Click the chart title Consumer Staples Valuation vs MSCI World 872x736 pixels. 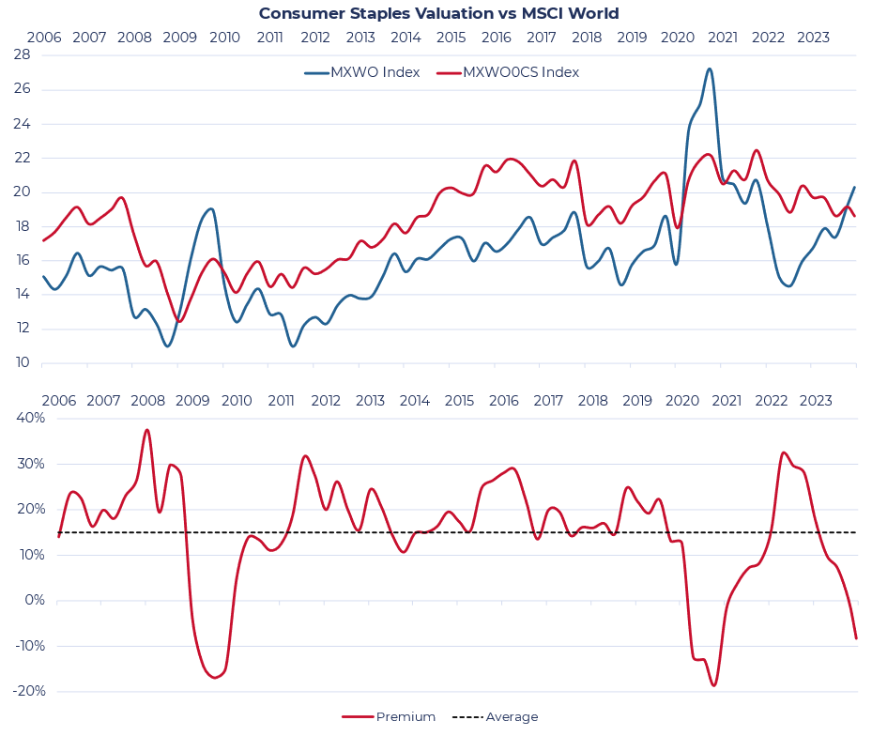pyautogui.click(x=438, y=13)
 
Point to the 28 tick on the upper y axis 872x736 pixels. pyautogui.click(x=22, y=55)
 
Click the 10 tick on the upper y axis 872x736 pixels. pyautogui.click(x=22, y=363)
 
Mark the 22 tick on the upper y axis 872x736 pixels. pyautogui.click(x=22, y=158)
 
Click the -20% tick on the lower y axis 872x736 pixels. pyautogui.click(x=24, y=692)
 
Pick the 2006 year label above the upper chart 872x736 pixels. pyautogui.click(x=44, y=38)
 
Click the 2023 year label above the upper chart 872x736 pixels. pyautogui.click(x=813, y=38)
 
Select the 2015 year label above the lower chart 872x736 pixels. pyautogui.click(x=459, y=401)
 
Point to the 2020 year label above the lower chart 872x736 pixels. pyautogui.click(x=682, y=401)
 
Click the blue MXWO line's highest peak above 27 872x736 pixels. pyautogui.click(x=710, y=69)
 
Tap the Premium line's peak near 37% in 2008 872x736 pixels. pyautogui.click(x=146, y=430)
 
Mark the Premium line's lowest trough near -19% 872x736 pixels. pyautogui.click(x=713, y=685)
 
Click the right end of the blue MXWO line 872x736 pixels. pyautogui.click(x=855, y=187)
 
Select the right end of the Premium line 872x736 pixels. pyautogui.click(x=856, y=638)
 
